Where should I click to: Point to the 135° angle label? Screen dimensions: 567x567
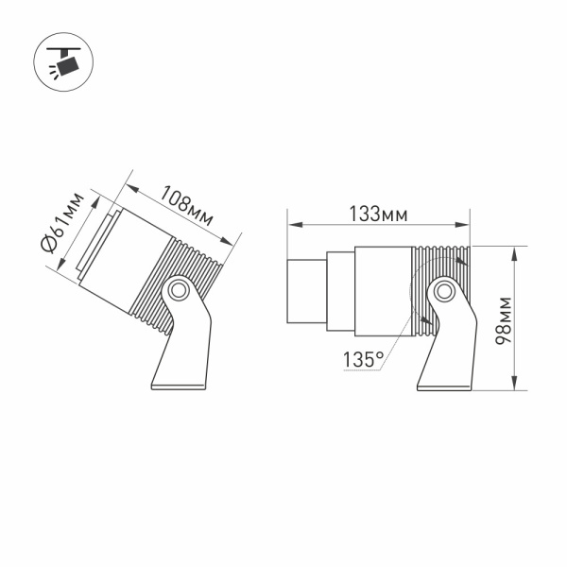pos(365,359)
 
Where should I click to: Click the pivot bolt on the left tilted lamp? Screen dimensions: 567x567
pos(178,289)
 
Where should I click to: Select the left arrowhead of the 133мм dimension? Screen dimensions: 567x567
pos(293,225)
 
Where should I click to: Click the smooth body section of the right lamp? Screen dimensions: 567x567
pos(383,289)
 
